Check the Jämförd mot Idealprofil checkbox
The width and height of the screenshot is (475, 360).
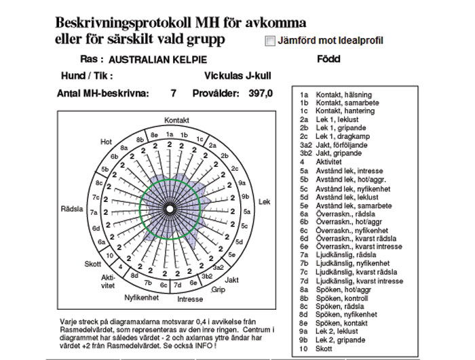[270, 41]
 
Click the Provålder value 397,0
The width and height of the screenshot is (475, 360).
[260, 94]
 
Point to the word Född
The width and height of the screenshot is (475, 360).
[328, 59]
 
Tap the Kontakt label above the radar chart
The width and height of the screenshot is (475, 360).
[176, 120]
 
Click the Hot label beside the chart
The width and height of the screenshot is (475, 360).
[106, 142]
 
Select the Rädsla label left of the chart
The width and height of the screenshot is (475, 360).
[72, 208]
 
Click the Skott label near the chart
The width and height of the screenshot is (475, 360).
[92, 264]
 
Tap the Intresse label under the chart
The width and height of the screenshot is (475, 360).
[189, 298]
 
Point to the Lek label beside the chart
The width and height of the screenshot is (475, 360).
[265, 202]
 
